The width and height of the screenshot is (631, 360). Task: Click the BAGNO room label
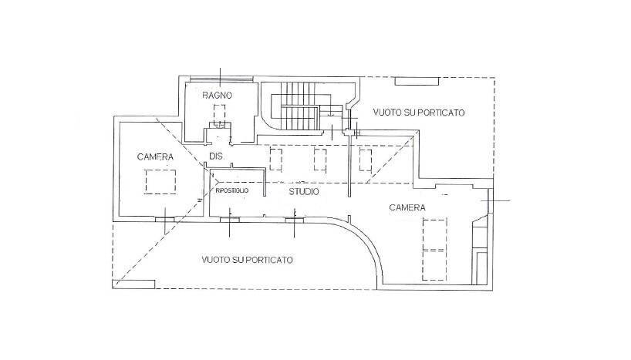[218, 96]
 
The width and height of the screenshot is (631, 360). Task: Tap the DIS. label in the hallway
[216, 158]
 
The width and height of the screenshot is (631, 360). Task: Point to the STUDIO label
[305, 190]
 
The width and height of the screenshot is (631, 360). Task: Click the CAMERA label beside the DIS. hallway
[155, 157]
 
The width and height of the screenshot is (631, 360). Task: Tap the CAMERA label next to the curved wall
[407, 208]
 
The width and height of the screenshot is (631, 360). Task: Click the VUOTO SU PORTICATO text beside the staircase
[419, 113]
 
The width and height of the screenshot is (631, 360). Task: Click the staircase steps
[297, 116]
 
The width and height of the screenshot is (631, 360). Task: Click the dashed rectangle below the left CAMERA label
[161, 182]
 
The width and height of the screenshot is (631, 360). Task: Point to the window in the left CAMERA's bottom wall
[164, 219]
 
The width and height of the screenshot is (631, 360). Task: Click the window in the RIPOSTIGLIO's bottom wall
[230, 220]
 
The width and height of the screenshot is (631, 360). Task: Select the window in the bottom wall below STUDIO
[295, 220]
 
